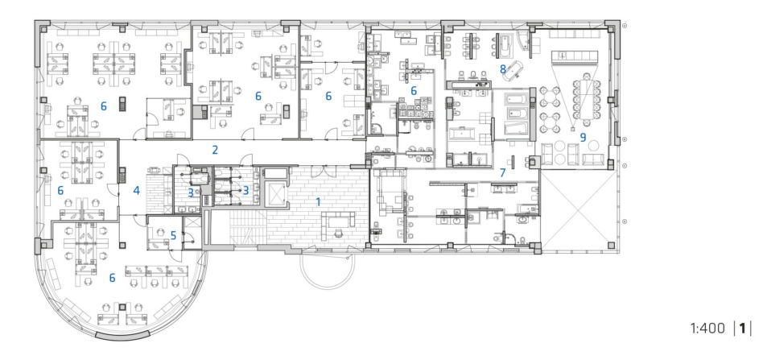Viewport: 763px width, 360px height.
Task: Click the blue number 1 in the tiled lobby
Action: point(319,201)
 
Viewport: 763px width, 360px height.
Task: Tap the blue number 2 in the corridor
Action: point(215,150)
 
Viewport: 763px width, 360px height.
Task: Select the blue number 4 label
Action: point(136,191)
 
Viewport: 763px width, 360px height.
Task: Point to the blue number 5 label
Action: point(173,236)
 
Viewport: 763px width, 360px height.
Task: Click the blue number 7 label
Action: point(503,172)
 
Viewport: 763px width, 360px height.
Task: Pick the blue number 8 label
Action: point(503,69)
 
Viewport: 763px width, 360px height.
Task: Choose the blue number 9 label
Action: point(583,138)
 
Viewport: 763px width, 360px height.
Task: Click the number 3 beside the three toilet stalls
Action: point(245,191)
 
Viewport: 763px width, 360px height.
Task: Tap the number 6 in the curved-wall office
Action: point(112,278)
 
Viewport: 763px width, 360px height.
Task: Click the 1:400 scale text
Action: point(707,329)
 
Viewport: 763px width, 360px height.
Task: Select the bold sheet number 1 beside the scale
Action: point(743,329)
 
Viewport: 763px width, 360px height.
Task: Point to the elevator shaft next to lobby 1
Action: point(276,194)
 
